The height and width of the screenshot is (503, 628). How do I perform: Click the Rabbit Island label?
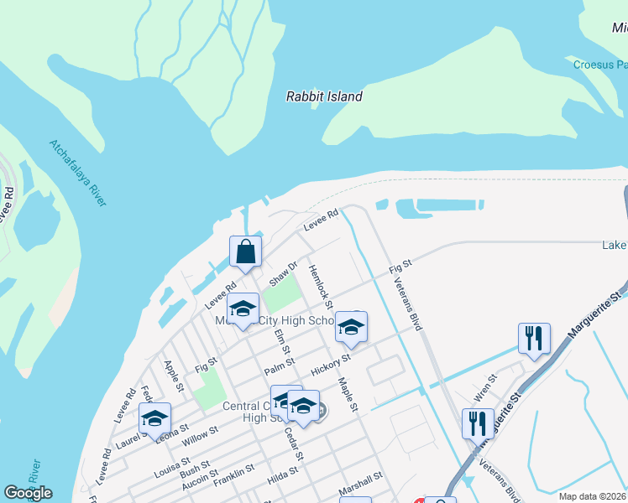click(x=324, y=96)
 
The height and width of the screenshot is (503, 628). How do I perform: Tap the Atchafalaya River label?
click(x=78, y=173)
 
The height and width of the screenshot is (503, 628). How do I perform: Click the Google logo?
click(x=28, y=493)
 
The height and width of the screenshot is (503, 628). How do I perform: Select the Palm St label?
click(x=279, y=365)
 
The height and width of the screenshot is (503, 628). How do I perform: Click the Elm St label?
click(x=281, y=343)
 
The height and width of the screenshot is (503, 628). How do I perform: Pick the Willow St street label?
click(x=201, y=434)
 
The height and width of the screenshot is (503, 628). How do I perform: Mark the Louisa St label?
click(x=172, y=467)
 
